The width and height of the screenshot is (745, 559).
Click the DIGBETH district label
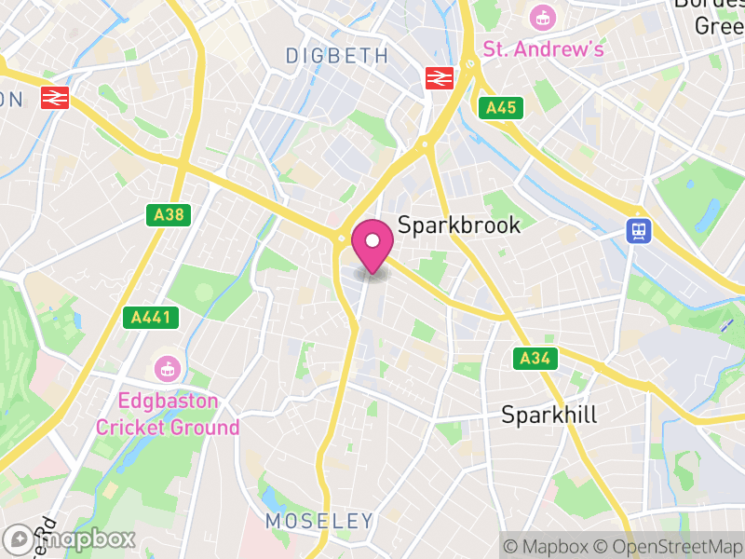(336, 56)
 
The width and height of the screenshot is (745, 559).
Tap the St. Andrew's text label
(543, 48)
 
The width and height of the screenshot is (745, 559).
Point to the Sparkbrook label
(459, 225)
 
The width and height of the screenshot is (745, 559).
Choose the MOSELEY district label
(319, 521)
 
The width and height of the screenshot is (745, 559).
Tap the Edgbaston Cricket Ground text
(168, 415)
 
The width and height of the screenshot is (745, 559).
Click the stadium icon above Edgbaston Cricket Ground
(167, 369)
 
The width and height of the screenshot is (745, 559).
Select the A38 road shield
(169, 215)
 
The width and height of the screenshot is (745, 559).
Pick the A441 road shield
(150, 318)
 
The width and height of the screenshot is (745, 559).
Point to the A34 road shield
(535, 358)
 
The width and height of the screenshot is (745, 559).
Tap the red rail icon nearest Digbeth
(437, 78)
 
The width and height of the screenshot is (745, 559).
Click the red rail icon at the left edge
(54, 97)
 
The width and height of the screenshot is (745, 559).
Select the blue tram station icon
(639, 230)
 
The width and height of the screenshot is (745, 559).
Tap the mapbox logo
(69, 539)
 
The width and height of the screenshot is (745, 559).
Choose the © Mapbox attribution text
(548, 546)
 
